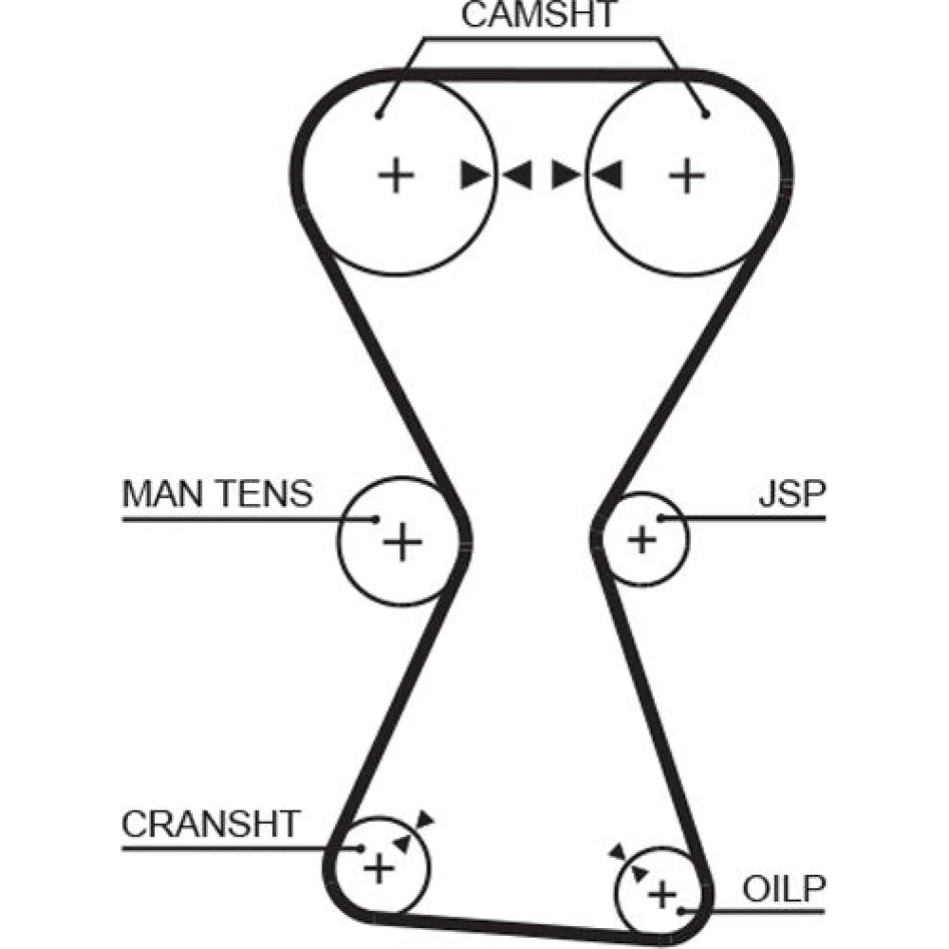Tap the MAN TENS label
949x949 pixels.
point(217,494)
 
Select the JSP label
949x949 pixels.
point(791,494)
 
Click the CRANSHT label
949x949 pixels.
point(211,823)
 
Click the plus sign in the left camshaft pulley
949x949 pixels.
point(397,176)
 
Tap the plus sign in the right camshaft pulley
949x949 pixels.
point(687,176)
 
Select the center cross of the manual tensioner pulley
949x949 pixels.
point(401,542)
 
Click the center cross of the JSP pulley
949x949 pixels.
point(642,540)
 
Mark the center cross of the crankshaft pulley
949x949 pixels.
point(378,867)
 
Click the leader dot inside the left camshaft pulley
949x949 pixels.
point(378,116)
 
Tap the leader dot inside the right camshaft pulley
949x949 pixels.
point(706,116)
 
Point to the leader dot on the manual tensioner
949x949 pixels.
point(376,519)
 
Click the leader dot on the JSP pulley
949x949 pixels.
point(661,518)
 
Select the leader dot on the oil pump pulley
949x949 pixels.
point(682,912)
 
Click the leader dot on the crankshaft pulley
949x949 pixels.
point(360,848)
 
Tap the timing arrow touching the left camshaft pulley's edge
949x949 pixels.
point(474,175)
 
